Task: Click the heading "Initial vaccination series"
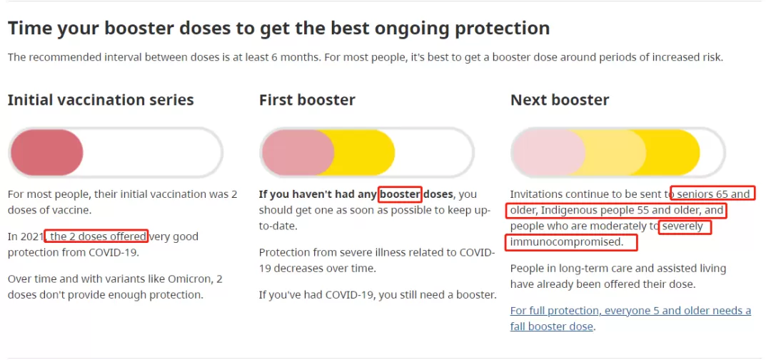click(x=101, y=100)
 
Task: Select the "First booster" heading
click(x=307, y=100)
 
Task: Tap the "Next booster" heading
click(x=560, y=100)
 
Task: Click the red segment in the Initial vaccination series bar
click(x=47, y=152)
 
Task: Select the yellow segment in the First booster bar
click(x=365, y=152)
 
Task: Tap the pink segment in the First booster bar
click(x=298, y=152)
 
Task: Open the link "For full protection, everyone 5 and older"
click(x=630, y=311)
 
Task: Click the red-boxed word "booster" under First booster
click(x=400, y=194)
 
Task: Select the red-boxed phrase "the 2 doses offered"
click(x=96, y=236)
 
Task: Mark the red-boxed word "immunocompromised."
click(x=571, y=242)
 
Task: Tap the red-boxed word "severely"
click(x=685, y=227)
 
